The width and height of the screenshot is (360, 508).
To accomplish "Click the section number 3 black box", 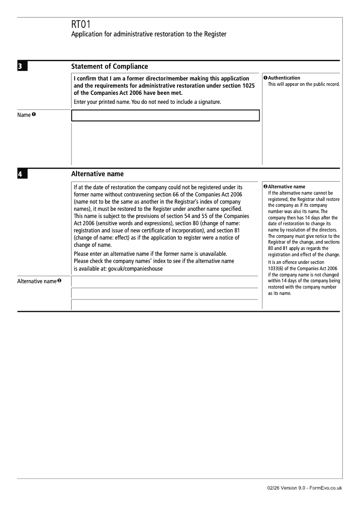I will coord(22,67).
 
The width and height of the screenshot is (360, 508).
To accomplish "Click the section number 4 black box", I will coord(22,174).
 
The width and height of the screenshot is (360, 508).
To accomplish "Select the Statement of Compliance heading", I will coord(109,67).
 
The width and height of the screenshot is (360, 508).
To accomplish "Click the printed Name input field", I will coord(165,116).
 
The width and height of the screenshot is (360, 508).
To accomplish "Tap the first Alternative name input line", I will coord(162,282).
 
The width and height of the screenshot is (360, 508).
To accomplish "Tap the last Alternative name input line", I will coord(162,305).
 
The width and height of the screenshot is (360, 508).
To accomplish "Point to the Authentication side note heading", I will coord(284,78).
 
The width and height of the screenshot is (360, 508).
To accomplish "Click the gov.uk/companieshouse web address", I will coord(135,268).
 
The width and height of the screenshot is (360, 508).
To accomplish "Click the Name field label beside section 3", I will coord(24,115).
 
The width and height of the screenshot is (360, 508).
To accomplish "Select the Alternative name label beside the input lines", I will coord(37,281).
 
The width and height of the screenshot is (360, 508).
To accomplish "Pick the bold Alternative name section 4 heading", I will coord(97,174).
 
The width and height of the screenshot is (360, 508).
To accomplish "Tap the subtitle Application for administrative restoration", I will coord(148,34).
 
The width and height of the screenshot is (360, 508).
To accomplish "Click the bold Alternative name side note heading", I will coord(286,187).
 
